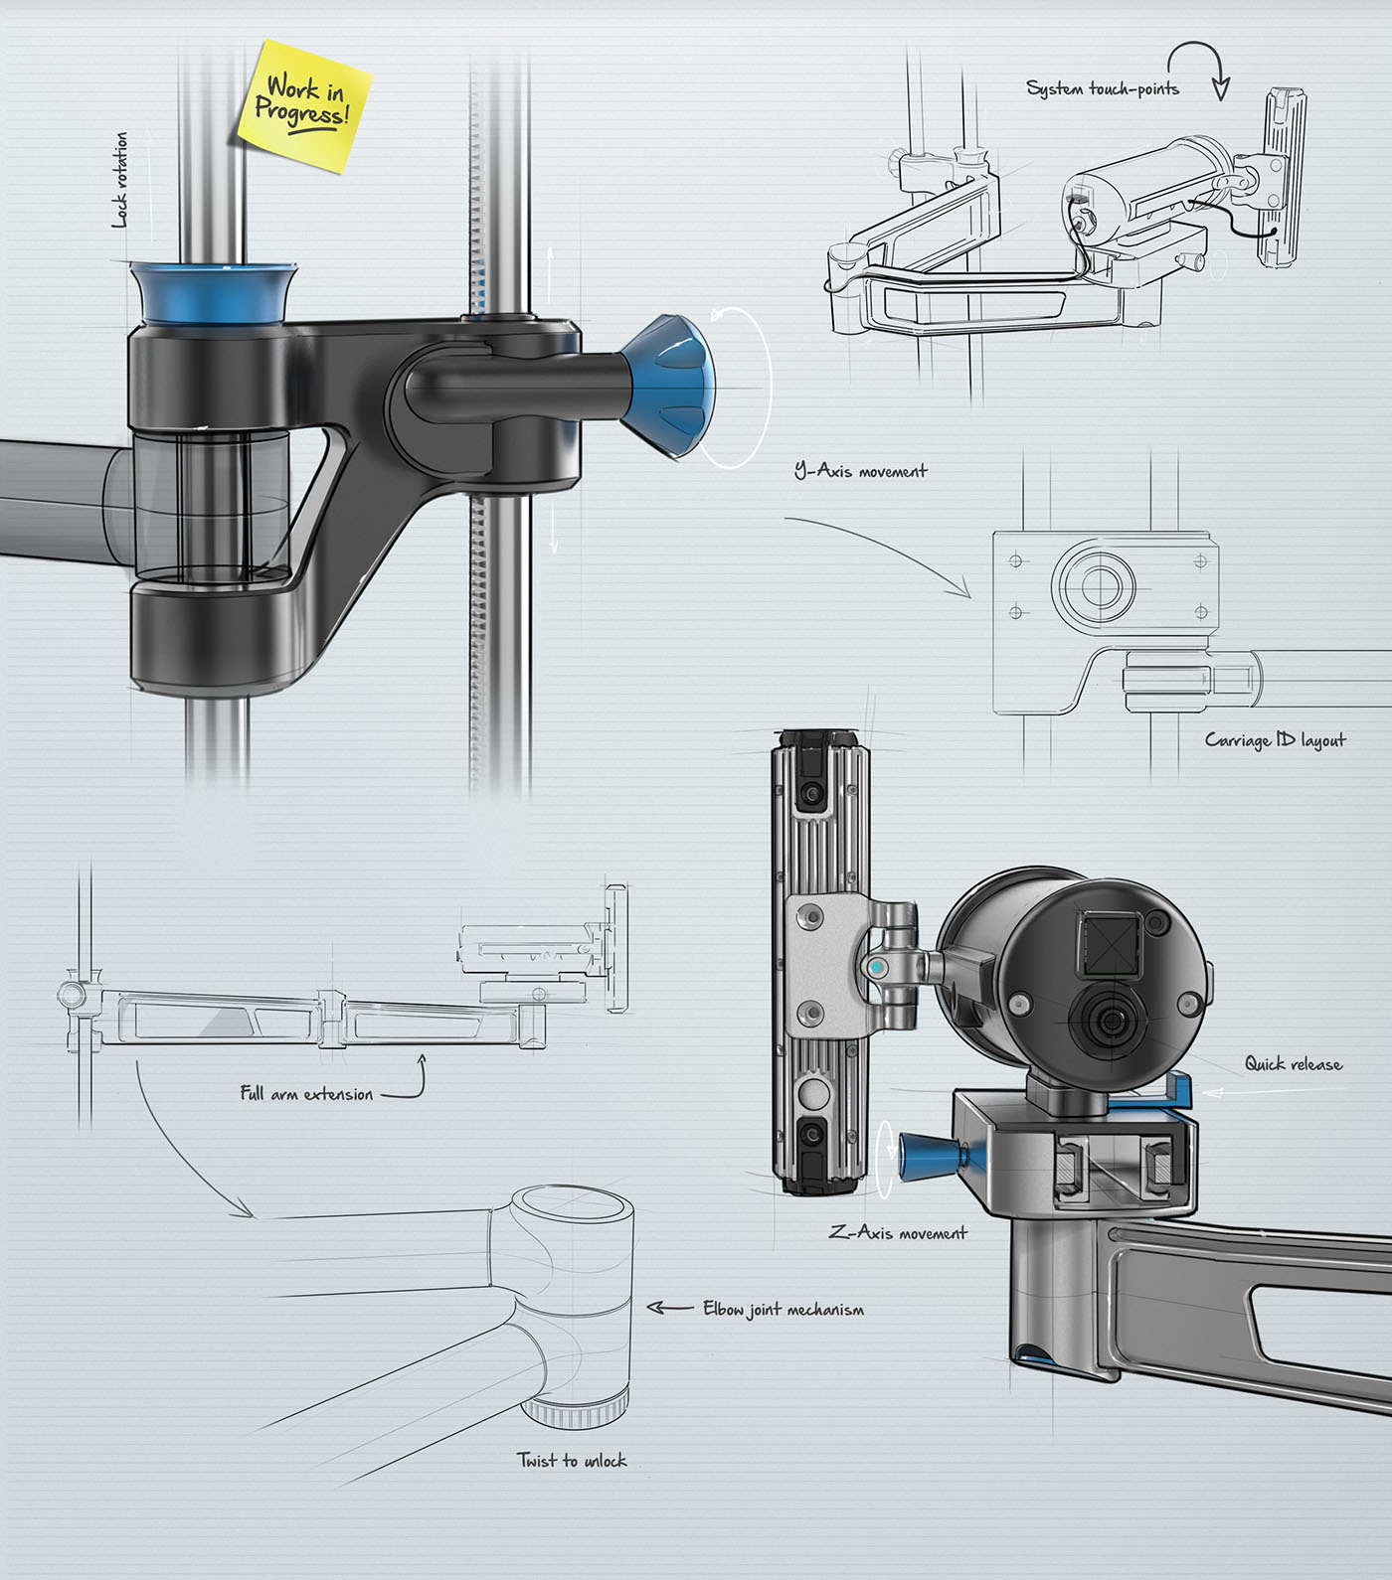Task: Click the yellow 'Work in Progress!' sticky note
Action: pos(304,104)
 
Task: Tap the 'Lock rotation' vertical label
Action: pos(120,180)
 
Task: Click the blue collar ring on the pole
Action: pos(212,292)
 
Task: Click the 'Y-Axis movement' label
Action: pos(860,471)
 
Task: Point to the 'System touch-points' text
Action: pos(1102,89)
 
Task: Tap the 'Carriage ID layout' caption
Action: pos(1275,740)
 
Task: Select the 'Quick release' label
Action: pos(1293,1064)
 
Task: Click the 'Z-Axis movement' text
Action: pos(898,1233)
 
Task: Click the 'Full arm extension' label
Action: pos(306,1094)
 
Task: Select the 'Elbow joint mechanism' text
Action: pos(783,1310)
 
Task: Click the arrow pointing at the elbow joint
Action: pos(669,1308)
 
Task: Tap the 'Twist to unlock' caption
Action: pos(572,1461)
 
